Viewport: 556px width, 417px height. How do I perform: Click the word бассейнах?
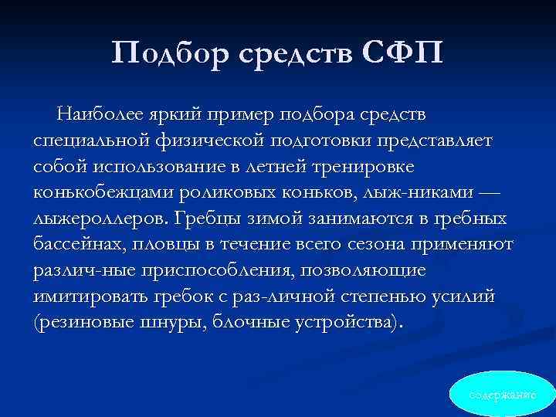[x=77, y=246]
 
